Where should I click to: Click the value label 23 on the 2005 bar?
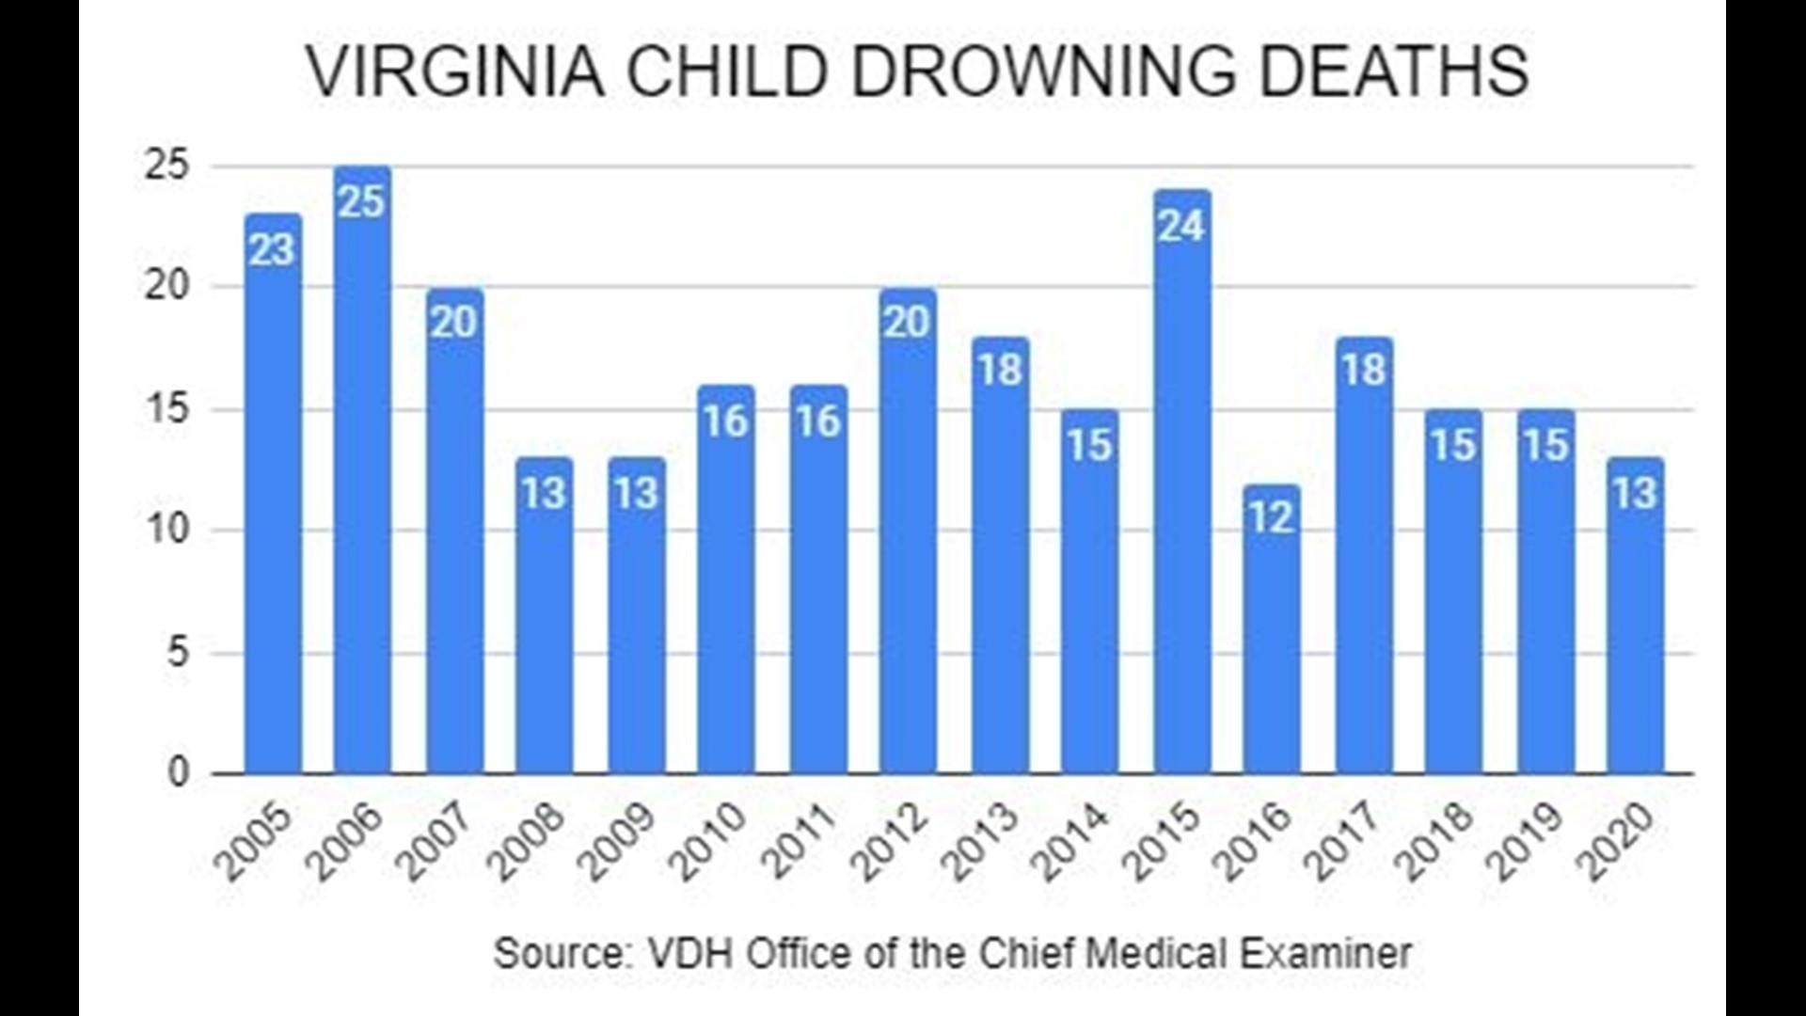(x=273, y=250)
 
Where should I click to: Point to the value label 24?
(x=1182, y=226)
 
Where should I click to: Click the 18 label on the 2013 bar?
(x=1000, y=370)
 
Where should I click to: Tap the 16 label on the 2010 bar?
(x=726, y=421)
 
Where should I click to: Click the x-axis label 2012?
(x=893, y=843)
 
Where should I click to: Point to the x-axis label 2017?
(x=1348, y=843)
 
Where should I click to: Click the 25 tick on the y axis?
(x=167, y=166)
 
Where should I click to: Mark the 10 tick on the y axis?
(x=167, y=530)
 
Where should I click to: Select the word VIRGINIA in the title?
(x=456, y=71)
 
